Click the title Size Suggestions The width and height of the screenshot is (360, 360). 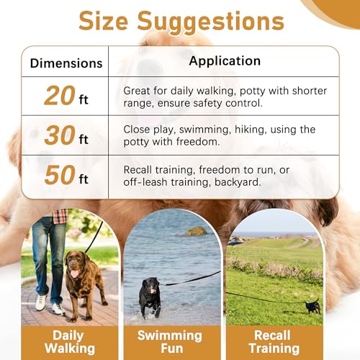tap(181, 22)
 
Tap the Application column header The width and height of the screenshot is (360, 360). tap(224, 61)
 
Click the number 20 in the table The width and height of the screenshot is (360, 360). tap(59, 95)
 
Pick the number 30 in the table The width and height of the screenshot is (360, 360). tap(59, 135)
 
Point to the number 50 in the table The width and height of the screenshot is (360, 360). tap(59, 175)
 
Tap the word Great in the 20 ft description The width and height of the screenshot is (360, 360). tap(138, 91)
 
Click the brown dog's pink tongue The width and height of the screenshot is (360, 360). tap(73, 274)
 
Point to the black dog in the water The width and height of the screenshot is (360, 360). tap(150, 293)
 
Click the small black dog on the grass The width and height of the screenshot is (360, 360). tap(313, 305)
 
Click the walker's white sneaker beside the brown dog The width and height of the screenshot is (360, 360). tap(40, 302)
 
